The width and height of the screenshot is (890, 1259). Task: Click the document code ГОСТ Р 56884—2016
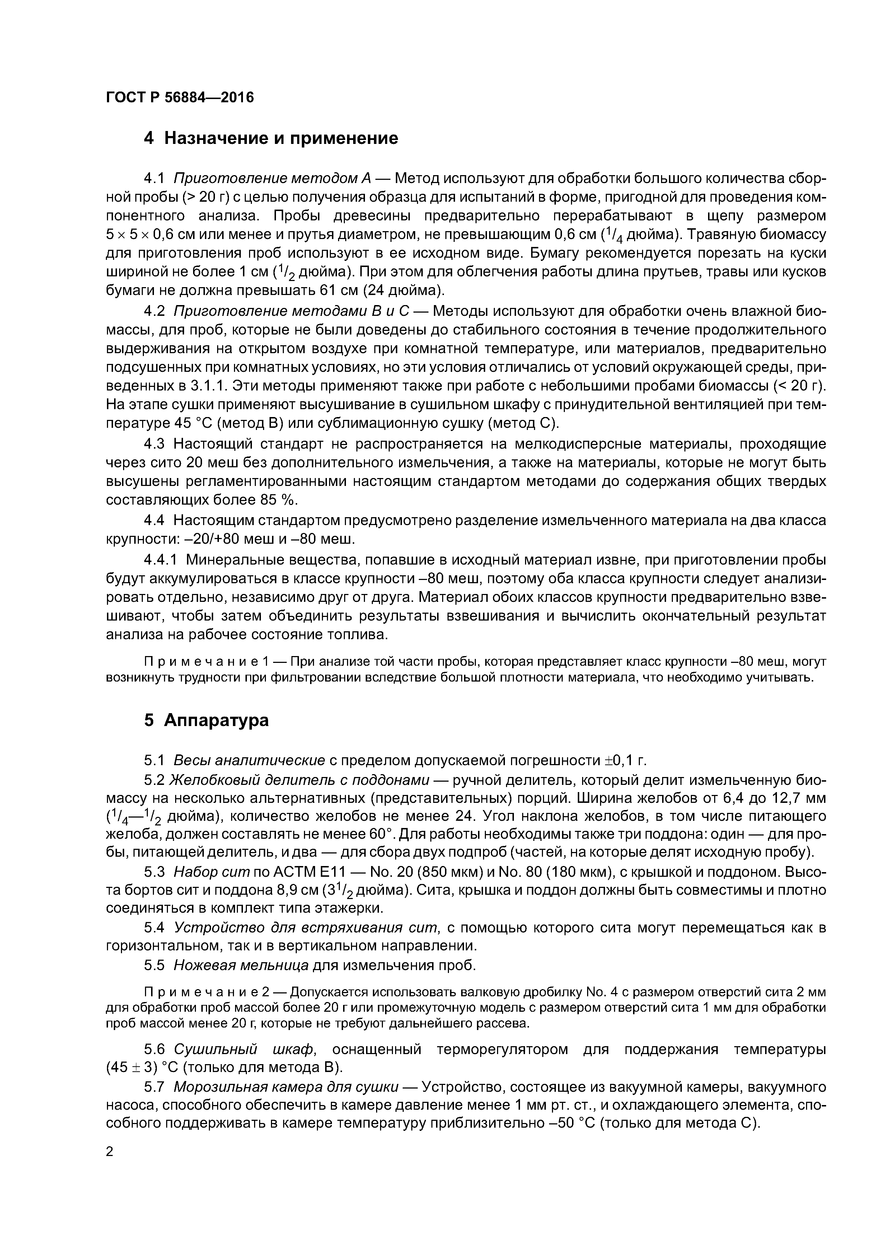pyautogui.click(x=180, y=98)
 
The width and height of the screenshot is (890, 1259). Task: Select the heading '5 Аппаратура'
pyautogui.click(x=206, y=720)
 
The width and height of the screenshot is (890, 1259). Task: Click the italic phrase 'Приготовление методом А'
pyautogui.click(x=272, y=178)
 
